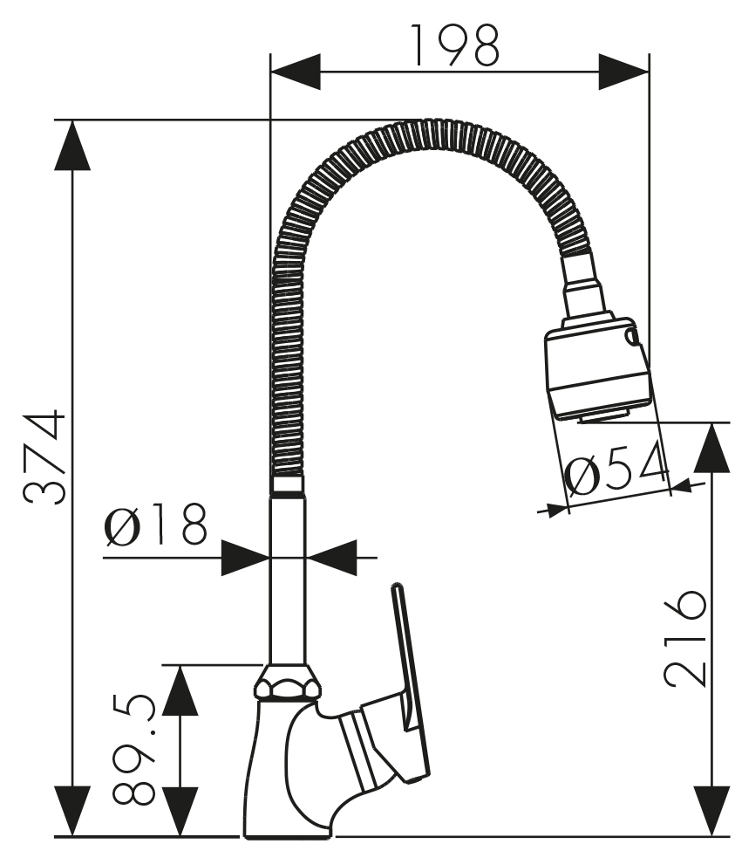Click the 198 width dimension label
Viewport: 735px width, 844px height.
[455, 45]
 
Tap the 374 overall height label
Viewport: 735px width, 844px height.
[44, 457]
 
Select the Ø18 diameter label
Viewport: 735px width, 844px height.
[155, 524]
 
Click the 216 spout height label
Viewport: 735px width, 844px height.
[684, 638]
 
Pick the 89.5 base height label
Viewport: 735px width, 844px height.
[134, 748]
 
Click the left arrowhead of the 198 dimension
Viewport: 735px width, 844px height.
[296, 72]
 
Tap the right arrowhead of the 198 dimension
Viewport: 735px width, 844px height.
[623, 72]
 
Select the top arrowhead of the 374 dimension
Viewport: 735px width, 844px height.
[72, 144]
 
